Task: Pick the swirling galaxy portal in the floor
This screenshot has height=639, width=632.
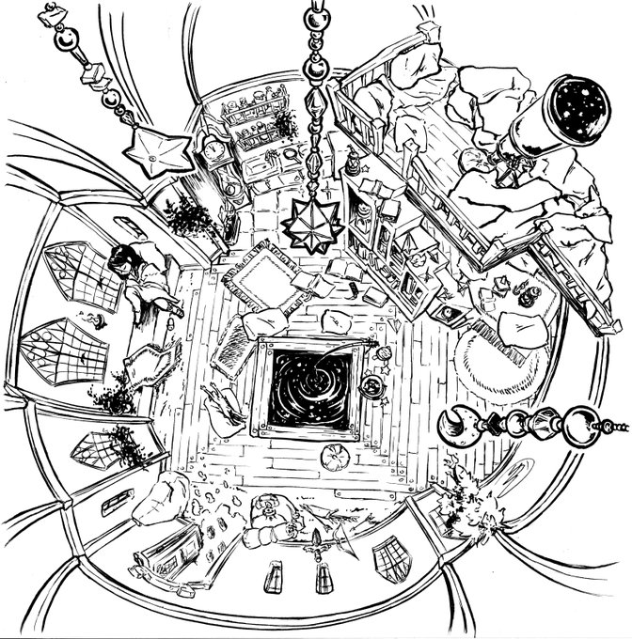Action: tap(307, 384)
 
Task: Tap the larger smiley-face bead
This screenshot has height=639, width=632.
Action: tap(65, 42)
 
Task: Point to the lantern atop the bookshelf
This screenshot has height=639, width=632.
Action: tap(353, 165)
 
